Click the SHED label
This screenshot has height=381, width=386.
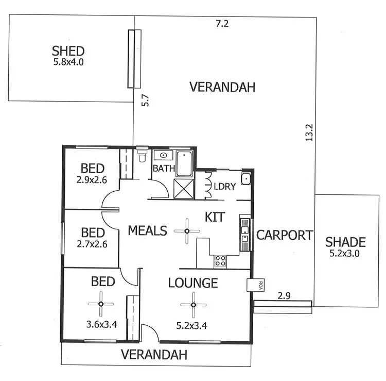tap(68, 52)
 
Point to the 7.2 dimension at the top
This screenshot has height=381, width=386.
tap(222, 23)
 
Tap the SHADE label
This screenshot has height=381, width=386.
tap(345, 242)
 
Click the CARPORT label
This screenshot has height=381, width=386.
tap(285, 236)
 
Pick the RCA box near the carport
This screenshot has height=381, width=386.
tap(254, 285)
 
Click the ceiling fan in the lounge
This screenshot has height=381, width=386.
tap(194, 304)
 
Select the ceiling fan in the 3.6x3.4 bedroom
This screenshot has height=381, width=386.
tap(100, 304)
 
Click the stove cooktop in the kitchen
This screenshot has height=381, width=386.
tap(220, 260)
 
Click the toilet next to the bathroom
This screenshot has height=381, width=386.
tap(142, 156)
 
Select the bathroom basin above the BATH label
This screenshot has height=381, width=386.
tap(163, 155)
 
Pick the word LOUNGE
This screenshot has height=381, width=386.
tap(194, 283)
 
